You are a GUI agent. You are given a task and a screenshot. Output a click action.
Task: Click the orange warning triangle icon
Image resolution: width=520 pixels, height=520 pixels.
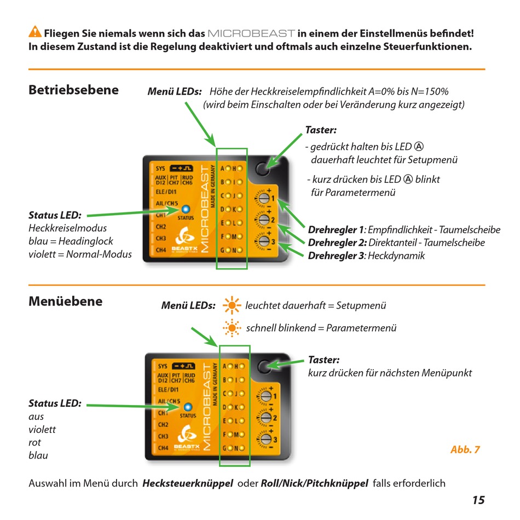[35, 32]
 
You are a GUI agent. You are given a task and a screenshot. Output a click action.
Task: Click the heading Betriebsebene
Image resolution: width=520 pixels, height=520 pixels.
[73, 90]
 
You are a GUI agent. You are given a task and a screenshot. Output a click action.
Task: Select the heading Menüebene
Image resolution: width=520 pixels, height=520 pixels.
[65, 301]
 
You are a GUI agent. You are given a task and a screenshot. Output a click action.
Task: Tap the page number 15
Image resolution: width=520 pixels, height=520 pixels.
[478, 500]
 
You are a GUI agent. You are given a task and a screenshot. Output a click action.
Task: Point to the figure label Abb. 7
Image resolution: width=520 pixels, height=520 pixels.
[465, 450]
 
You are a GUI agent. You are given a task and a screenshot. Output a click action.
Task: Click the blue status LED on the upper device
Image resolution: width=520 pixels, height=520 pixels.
[185, 209]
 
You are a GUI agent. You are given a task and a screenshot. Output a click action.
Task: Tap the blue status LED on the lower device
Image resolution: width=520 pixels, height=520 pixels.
[188, 407]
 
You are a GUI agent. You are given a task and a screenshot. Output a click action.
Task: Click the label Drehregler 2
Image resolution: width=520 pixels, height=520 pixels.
[337, 242]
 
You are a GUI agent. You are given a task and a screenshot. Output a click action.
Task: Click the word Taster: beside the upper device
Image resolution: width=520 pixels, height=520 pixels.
[321, 130]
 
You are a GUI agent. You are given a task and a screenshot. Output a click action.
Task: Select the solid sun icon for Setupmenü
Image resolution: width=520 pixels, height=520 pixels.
[232, 305]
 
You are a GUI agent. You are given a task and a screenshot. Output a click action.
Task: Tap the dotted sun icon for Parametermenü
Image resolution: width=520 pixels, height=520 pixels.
[232, 328]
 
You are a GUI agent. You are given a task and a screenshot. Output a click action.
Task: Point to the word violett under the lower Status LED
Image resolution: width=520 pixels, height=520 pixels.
[42, 430]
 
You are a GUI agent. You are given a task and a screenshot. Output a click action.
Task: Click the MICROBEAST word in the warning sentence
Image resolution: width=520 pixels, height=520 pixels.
[252, 33]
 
